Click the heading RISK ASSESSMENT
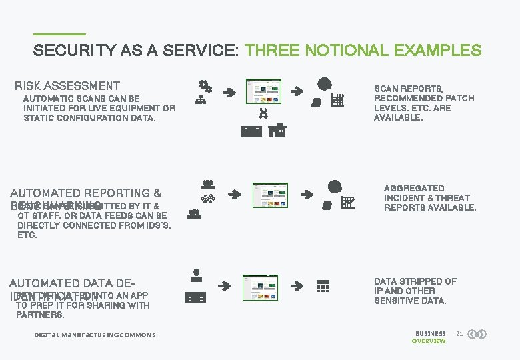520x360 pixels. [x=67, y=85]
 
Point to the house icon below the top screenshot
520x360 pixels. [x=278, y=130]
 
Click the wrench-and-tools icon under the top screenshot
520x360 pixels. [x=263, y=113]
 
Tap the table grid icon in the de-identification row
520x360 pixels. [x=323, y=286]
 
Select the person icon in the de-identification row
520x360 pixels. [x=196, y=273]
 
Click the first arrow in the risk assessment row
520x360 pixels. [x=229, y=93]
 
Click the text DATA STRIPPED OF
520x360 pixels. [x=415, y=281]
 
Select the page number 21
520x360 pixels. [x=459, y=333]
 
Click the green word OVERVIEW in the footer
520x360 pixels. [x=429, y=341]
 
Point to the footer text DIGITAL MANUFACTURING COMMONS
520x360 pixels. [x=95, y=335]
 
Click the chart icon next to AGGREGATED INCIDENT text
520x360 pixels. [x=347, y=203]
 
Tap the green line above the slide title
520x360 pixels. [x=59, y=34]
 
